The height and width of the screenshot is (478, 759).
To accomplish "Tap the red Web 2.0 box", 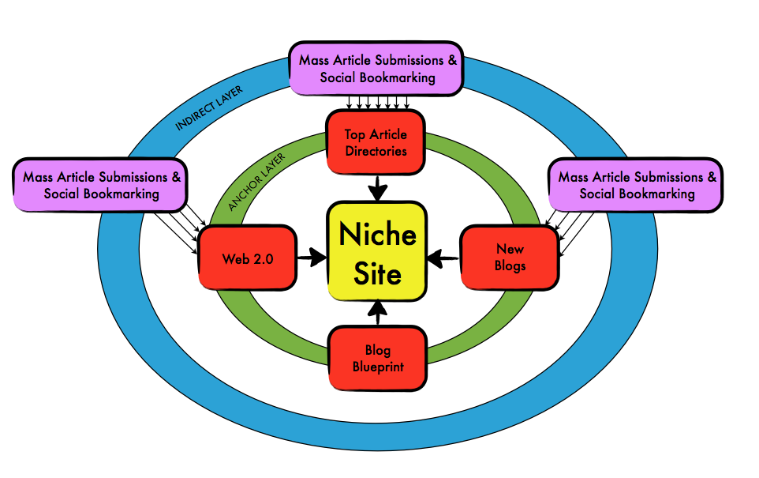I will point(247,258).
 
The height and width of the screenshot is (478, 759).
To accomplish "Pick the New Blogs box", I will point(510,257).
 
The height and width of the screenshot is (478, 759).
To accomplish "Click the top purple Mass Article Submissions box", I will point(377,69).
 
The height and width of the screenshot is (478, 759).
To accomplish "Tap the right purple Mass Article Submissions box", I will point(637,186).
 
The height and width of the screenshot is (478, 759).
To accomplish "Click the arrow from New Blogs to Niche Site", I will point(444,257).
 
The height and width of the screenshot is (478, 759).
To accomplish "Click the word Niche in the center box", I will point(377,235).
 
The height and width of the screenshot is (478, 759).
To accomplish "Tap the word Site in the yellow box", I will point(377,273).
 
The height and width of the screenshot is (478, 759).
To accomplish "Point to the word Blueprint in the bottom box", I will point(377,367).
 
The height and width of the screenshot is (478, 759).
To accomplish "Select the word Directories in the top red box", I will point(376,150).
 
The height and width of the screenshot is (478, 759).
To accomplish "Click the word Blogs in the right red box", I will point(510,265).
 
